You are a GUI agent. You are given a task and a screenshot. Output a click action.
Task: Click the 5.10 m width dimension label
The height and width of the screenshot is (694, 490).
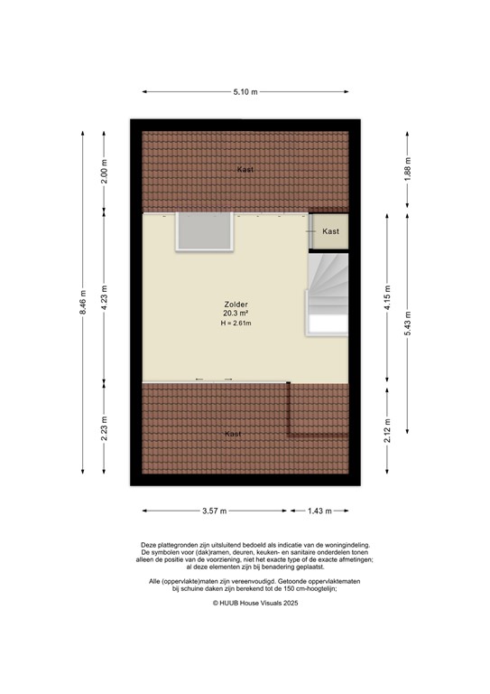coord(245,91)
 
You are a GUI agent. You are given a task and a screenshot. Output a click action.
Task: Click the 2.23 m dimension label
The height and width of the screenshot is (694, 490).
coord(105,427)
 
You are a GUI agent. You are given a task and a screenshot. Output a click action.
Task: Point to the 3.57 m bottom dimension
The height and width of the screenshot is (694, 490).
coord(215,511)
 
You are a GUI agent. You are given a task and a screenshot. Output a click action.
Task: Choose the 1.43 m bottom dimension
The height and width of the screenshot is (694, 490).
coord(318,511)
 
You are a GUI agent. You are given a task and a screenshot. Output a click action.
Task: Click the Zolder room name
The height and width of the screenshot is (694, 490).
coord(236,305)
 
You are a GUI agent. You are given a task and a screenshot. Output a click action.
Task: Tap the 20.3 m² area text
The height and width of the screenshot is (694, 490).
coord(236,314)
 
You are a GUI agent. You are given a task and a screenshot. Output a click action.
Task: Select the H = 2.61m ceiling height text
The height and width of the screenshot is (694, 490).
coord(236,324)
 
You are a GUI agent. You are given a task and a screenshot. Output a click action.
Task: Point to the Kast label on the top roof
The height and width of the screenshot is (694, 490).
coord(245,170)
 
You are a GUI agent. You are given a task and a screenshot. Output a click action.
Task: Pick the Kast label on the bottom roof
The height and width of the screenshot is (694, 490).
coord(234,435)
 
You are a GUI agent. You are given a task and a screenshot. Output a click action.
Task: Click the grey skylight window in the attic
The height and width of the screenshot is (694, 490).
coord(205,232)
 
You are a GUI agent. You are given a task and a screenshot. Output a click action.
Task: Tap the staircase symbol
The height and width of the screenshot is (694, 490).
coord(328,294)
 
